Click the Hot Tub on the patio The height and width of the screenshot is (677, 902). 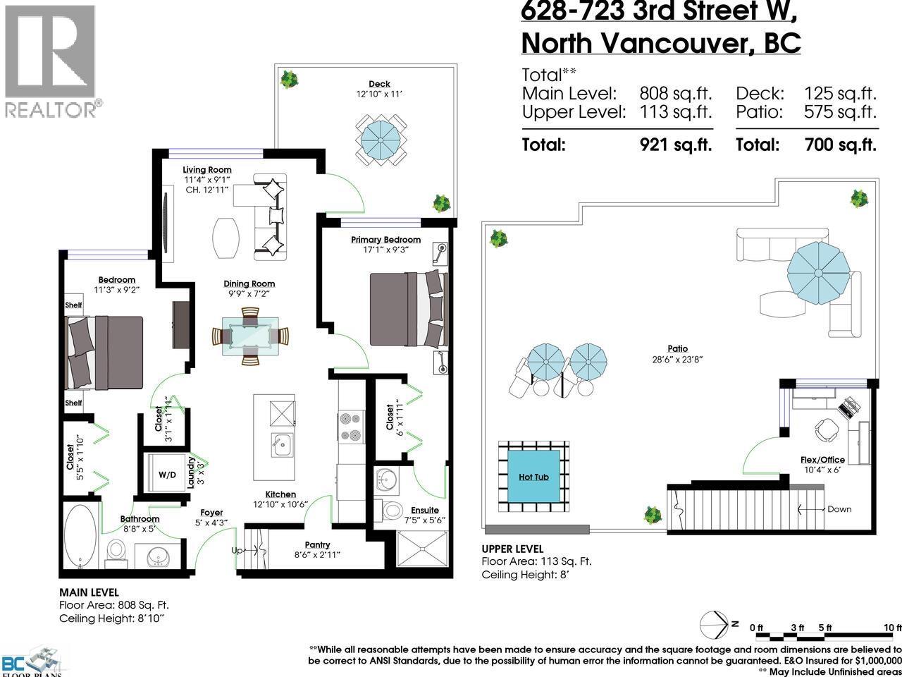click(533, 477)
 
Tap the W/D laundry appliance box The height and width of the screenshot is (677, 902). click(167, 475)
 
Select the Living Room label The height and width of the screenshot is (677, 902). click(206, 170)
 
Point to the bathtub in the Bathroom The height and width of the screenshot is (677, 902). click(81, 535)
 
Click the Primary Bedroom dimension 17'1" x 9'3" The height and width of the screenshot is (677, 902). click(385, 249)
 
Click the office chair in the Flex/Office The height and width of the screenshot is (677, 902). click(823, 428)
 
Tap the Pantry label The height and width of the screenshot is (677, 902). click(317, 544)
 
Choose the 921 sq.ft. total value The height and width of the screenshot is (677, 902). click(675, 145)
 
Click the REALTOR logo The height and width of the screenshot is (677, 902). click(51, 60)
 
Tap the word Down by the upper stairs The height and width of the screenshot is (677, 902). click(839, 509)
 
